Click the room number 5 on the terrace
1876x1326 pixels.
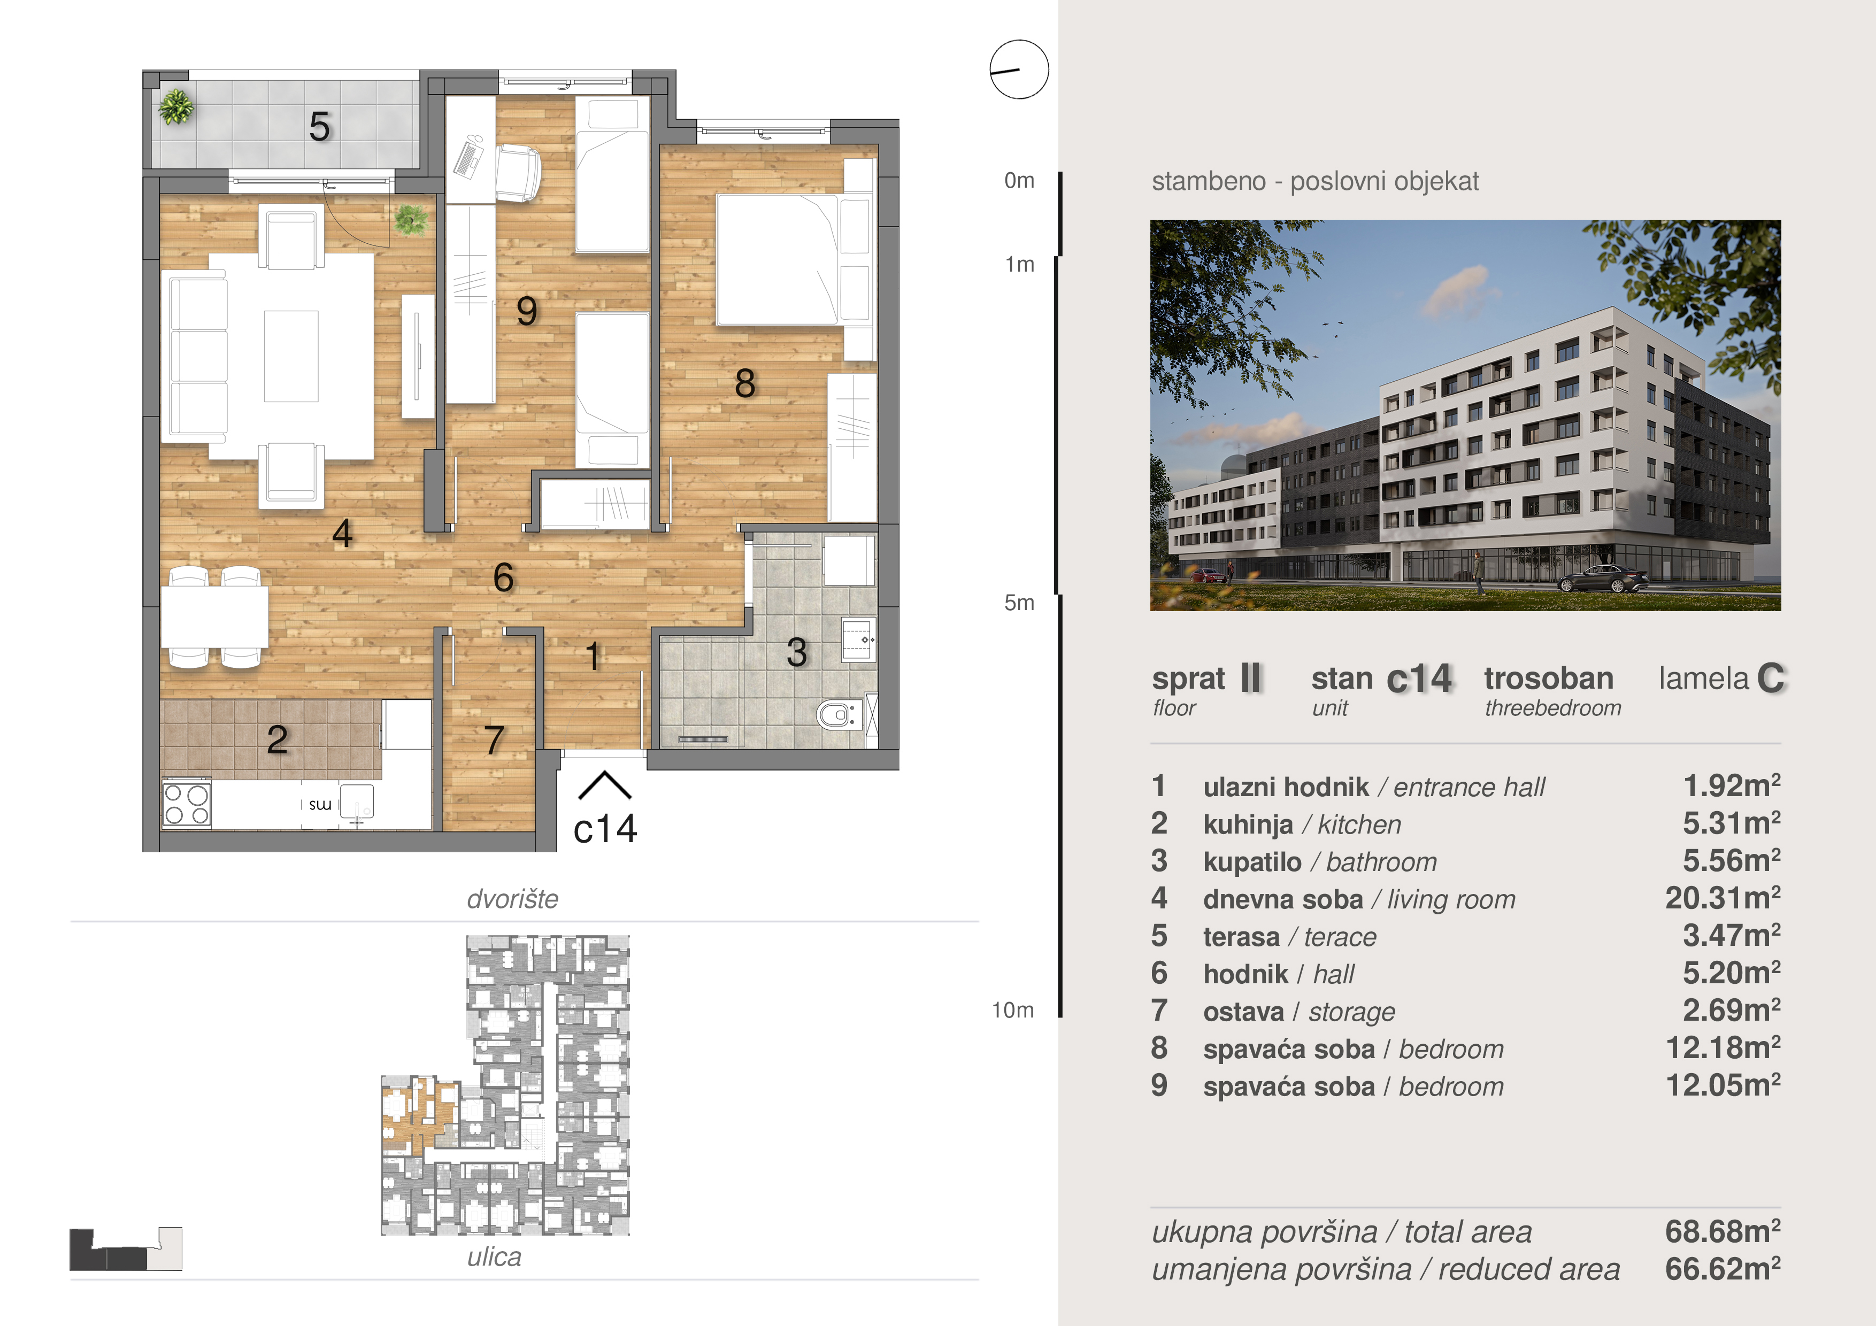[319, 127]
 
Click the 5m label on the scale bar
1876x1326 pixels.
[1019, 603]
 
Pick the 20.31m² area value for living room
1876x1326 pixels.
[1723, 898]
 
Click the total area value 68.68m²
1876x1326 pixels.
[1723, 1231]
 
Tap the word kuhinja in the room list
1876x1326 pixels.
[1248, 824]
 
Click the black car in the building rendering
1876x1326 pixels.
[1603, 579]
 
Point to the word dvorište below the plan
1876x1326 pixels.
[512, 899]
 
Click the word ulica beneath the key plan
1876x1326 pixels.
[494, 1256]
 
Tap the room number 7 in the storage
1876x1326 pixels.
[494, 740]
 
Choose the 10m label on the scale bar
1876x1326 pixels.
[1013, 1011]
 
